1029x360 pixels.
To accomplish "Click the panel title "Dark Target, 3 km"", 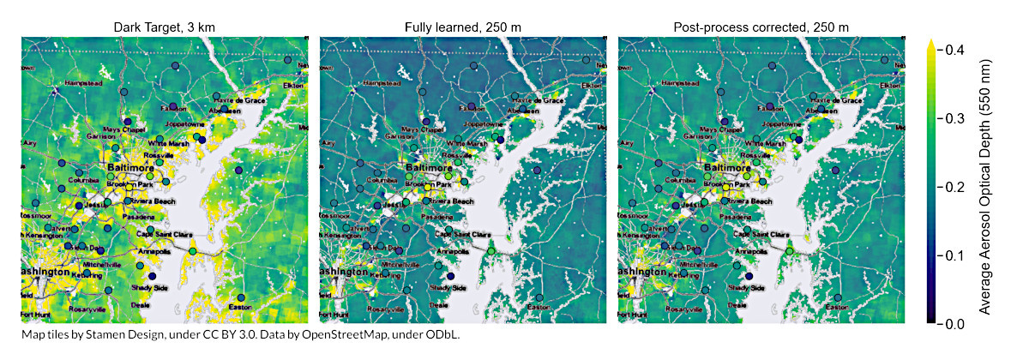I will click(164, 27).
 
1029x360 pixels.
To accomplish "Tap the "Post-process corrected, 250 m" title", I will click(761, 27).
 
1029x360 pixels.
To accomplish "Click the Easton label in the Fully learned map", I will click(539, 307).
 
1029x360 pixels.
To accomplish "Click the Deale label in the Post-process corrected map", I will click(737, 304).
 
